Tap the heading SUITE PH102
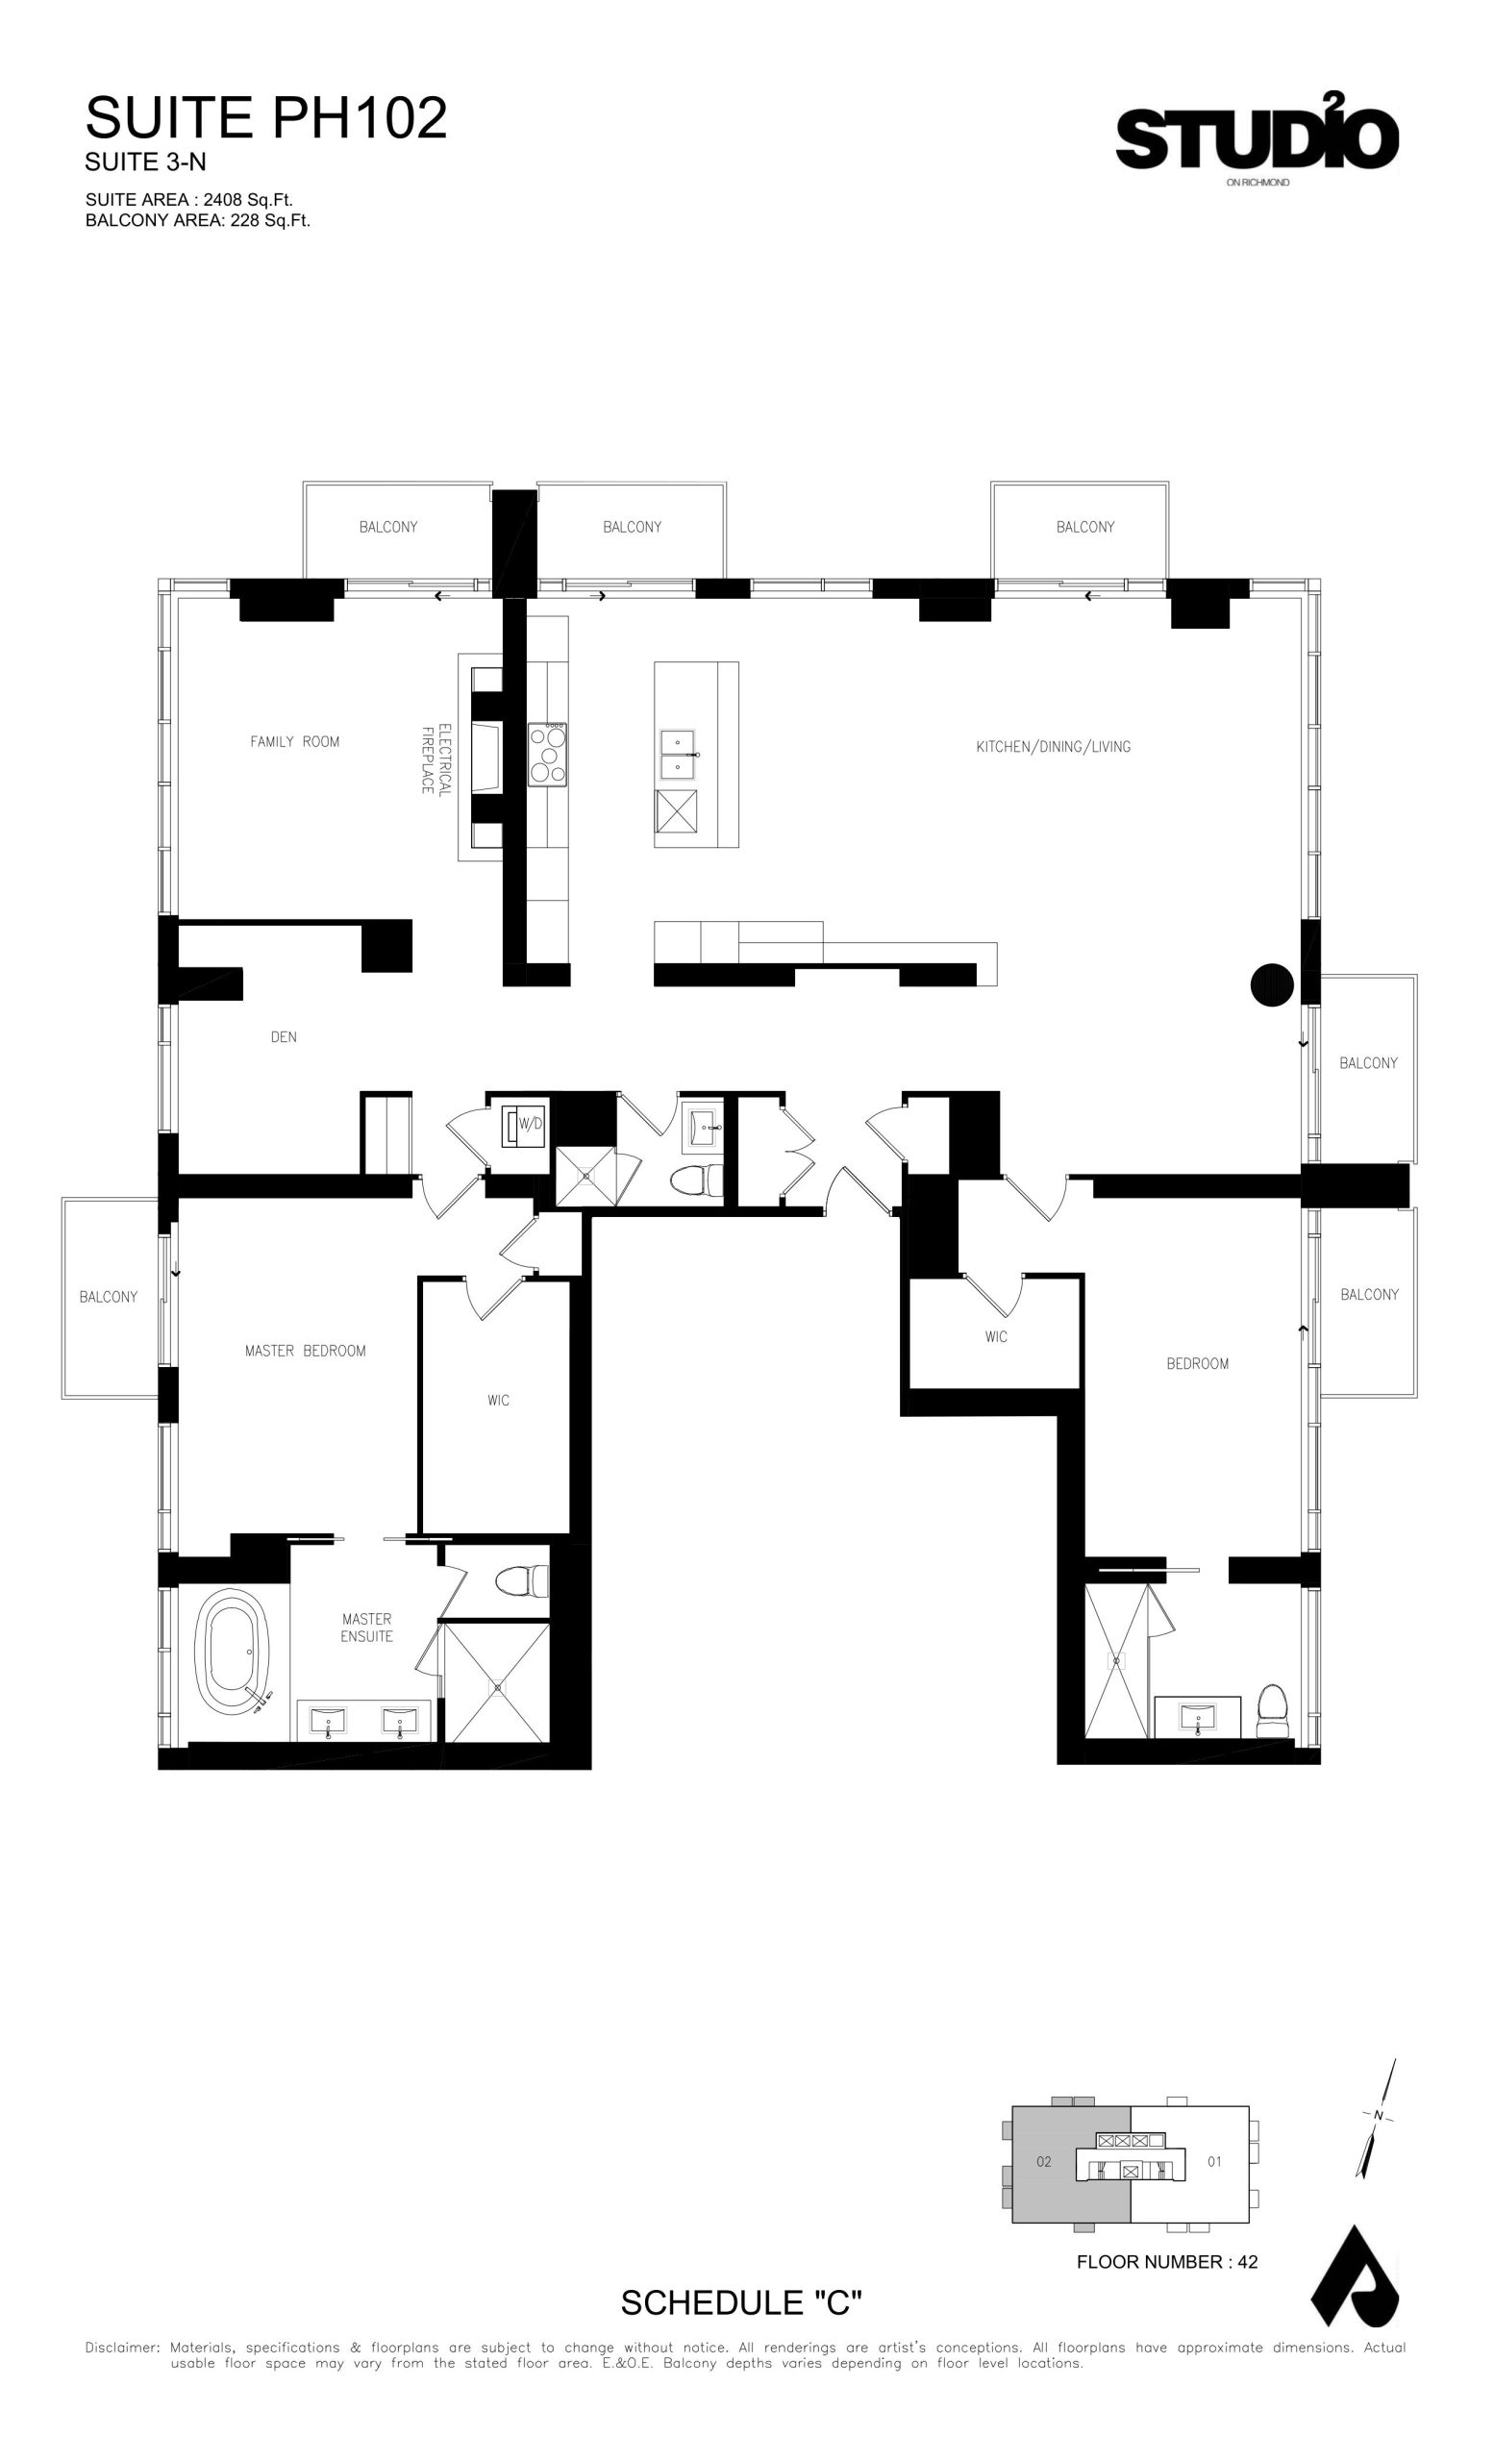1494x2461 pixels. [x=265, y=118]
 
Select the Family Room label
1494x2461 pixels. [x=294, y=741]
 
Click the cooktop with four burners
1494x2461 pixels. [x=547, y=754]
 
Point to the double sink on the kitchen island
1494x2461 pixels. [x=678, y=754]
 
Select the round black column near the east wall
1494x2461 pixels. [x=1271, y=984]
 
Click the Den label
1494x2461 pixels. [x=284, y=1036]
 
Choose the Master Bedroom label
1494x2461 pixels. [x=306, y=1351]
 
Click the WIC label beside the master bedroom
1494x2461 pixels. [x=498, y=1401]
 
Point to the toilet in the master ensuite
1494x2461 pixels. [x=522, y=1580]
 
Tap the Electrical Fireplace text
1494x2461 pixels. [x=436, y=759]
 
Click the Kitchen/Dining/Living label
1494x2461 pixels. [x=1054, y=746]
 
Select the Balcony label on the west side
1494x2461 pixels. [x=109, y=1297]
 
